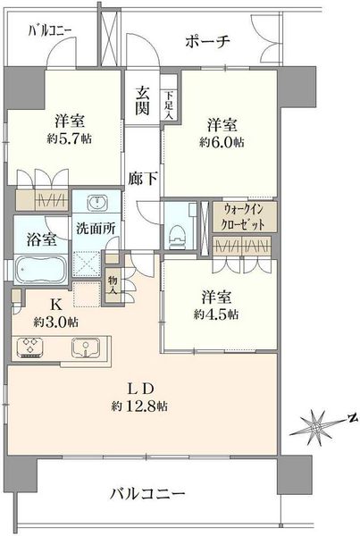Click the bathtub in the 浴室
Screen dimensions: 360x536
pos(41,269)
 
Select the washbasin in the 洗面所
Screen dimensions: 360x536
pos(97,203)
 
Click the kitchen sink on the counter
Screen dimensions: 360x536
pos(86,348)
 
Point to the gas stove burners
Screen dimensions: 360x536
pos(30,348)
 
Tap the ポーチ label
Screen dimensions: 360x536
pos(207,42)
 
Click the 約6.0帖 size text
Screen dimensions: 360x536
pos(222,142)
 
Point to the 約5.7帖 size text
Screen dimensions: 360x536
pos(70,138)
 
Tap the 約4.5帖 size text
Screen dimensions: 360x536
pos(216,314)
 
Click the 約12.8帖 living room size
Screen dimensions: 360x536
pos(139,406)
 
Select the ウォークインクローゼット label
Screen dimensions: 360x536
pos(244,217)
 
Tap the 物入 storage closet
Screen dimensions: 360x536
pos(113,286)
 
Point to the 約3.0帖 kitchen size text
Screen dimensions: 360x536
pos(55,322)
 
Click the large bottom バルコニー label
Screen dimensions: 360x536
pos(147,494)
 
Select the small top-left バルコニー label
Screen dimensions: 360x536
pos(50,31)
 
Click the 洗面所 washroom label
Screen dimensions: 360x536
pos(96,229)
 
